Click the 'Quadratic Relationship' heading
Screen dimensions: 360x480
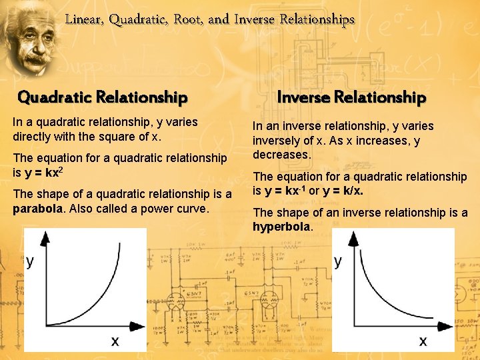click(x=102, y=98)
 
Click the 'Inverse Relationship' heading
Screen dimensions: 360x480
click(x=351, y=98)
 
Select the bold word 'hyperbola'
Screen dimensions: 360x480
click(x=281, y=227)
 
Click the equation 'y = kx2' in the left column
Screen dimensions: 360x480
click(x=48, y=173)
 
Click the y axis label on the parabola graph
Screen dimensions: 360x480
click(x=31, y=262)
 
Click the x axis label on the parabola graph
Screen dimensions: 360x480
click(x=115, y=342)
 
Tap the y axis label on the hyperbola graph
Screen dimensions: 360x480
click(x=338, y=261)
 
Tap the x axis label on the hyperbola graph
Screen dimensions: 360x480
click(x=423, y=341)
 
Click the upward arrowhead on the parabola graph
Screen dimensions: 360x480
click(x=45, y=238)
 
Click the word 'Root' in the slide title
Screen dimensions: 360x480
click(x=187, y=19)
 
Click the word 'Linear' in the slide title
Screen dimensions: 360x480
click(x=83, y=20)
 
